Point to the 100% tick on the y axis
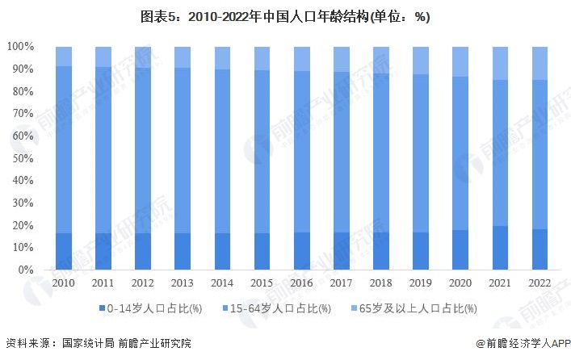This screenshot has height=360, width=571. pyautogui.click(x=20, y=47)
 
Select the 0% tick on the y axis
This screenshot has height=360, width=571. pyautogui.click(x=26, y=270)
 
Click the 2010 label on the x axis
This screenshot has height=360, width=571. pyautogui.click(x=63, y=284)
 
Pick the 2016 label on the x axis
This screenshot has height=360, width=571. pyautogui.click(x=302, y=284)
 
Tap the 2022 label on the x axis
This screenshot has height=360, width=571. pyautogui.click(x=540, y=284)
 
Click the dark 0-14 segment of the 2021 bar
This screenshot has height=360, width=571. pyautogui.click(x=501, y=248)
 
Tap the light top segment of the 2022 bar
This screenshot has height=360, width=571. pyautogui.click(x=540, y=63)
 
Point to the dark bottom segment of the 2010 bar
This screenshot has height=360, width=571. pyautogui.click(x=63, y=251)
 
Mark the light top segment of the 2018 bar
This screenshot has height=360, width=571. pyautogui.click(x=381, y=60)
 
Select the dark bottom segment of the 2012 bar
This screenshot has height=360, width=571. pyautogui.click(x=143, y=251)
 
